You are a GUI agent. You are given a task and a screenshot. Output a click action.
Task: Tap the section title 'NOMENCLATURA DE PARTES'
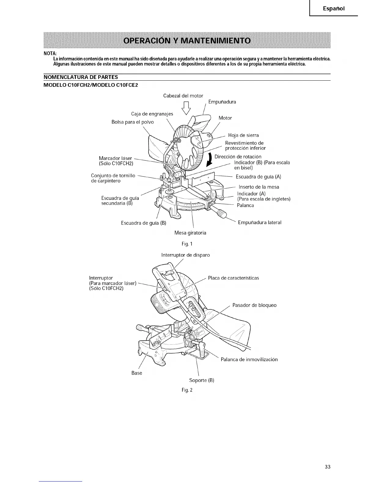coord(81,77)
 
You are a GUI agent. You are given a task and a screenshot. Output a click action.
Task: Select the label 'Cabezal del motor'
coord(183,96)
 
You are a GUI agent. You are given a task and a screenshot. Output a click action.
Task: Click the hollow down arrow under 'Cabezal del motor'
coord(186,108)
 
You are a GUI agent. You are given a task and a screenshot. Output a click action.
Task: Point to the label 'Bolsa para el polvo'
coord(133,122)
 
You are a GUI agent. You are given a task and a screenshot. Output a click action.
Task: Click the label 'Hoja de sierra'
coord(243,135)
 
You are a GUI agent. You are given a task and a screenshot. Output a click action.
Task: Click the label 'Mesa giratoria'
coord(190,233)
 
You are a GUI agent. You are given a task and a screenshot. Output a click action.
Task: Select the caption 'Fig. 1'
coord(187,244)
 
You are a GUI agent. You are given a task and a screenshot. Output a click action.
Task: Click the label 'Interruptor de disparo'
coord(185,255)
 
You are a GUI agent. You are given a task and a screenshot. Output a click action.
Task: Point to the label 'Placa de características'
coord(233,278)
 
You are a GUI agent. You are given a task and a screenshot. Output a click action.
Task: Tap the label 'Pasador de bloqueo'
coord(254,305)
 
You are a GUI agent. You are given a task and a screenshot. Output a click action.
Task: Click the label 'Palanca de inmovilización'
coord(249,359)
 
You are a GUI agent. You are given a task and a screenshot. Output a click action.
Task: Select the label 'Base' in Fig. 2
coord(137,373)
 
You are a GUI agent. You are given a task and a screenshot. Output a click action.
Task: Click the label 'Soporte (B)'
coord(202,380)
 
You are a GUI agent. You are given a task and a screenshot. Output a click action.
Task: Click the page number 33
coord(328,467)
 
